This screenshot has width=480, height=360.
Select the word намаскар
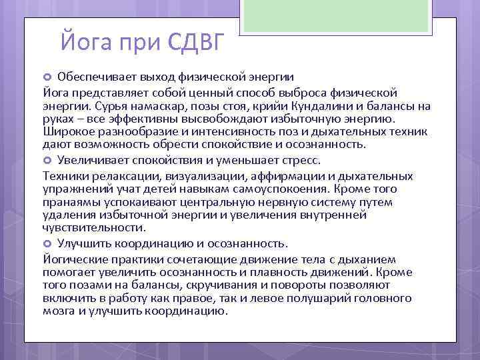coord(154,106)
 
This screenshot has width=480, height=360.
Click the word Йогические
coord(75,259)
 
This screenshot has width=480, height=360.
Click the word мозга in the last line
coord(59,310)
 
